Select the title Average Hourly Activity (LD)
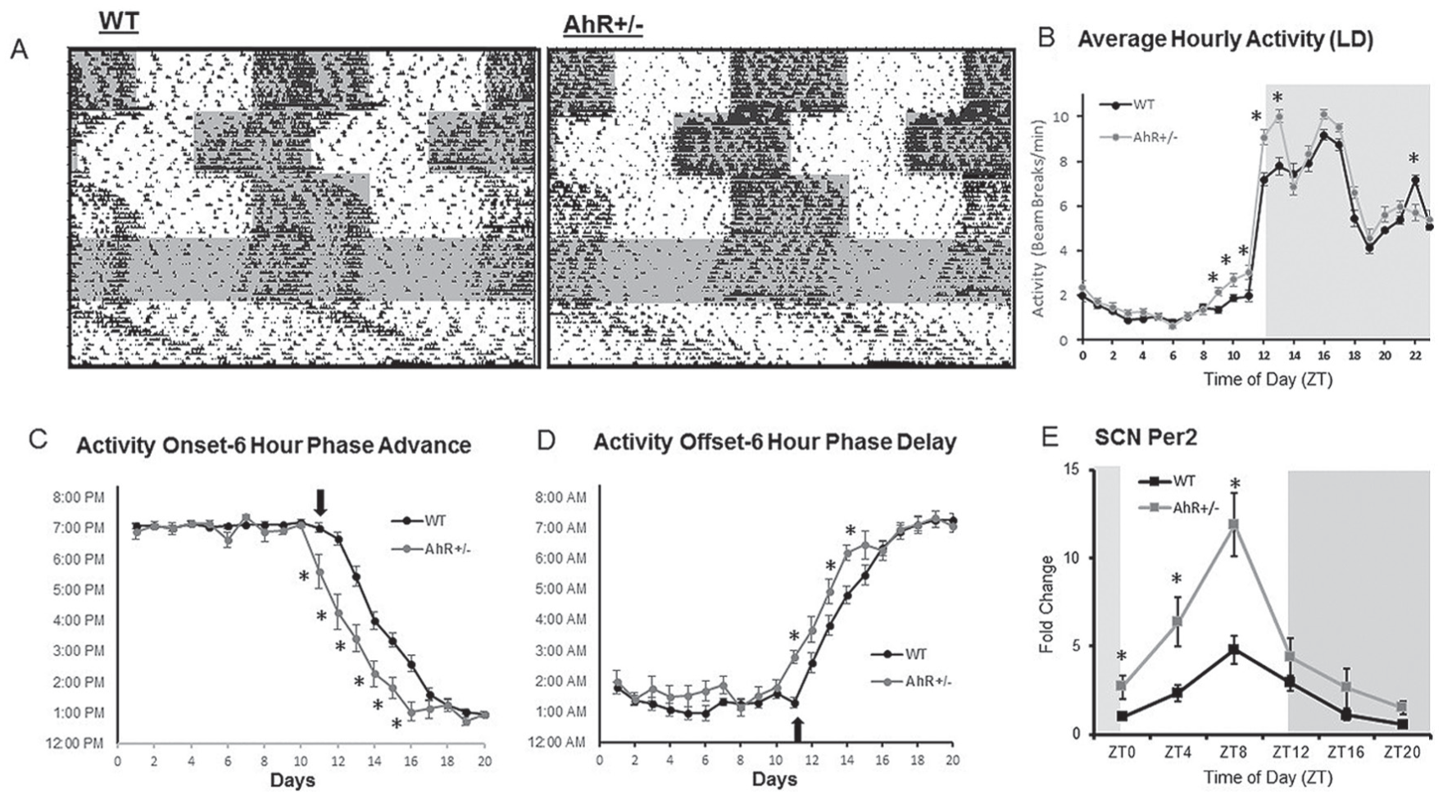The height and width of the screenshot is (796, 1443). (x=1225, y=39)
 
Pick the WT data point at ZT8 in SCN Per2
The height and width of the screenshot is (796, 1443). (x=1233, y=649)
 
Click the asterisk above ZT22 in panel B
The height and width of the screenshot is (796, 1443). (x=1414, y=159)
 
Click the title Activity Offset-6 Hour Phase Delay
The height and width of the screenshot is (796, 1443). (x=774, y=443)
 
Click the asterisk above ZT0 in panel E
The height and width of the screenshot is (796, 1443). (x=1121, y=657)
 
